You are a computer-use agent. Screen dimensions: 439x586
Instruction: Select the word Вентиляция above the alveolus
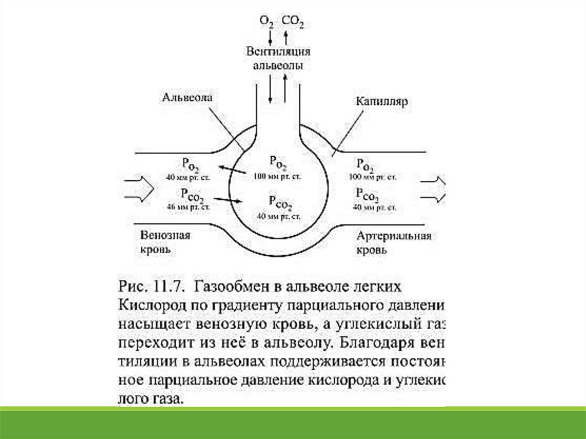coord(278,52)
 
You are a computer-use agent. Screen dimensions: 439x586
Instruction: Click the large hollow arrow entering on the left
coord(137,187)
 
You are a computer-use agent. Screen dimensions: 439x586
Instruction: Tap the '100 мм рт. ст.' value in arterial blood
coord(375,176)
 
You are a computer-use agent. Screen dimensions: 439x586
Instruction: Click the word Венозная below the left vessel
coord(165,235)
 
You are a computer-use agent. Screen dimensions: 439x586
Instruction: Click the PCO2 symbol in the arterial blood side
coord(366,194)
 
